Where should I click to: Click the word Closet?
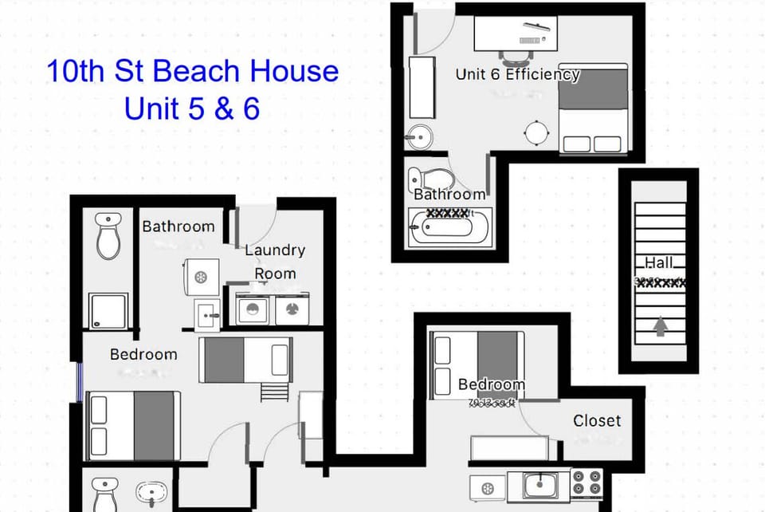(x=597, y=420)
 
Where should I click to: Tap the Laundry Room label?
(x=275, y=262)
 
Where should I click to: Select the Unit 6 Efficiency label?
(x=517, y=74)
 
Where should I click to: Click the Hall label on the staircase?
(x=659, y=262)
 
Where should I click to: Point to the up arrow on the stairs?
(x=660, y=327)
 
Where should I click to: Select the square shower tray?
(x=108, y=311)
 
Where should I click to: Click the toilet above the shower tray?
(x=108, y=234)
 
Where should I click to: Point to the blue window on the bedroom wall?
(x=79, y=382)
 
